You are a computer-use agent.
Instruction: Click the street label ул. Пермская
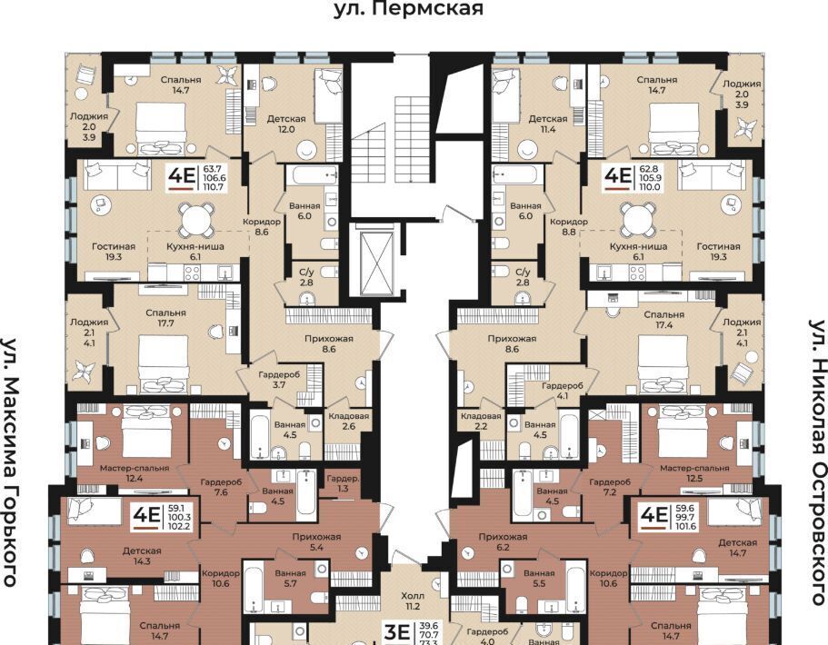pos(408,9)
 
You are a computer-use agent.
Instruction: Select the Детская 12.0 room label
pos(286,124)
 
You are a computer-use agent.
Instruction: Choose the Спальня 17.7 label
pos(165,318)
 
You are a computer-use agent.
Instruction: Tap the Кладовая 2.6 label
pos(348,422)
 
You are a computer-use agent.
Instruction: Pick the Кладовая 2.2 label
pos(481,422)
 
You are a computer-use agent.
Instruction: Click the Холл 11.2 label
pos(413,600)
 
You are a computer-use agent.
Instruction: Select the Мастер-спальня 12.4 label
pos(135,473)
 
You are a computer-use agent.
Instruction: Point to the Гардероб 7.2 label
pos(610,487)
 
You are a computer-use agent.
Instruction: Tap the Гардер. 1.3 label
pos(344,483)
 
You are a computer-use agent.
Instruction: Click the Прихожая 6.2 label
pos(503,542)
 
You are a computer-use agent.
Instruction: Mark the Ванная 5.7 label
pos(291,578)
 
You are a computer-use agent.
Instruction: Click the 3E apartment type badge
pos(396,632)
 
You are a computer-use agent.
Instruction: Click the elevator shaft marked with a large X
pos(376,260)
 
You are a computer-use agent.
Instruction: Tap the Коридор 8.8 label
pos(569,226)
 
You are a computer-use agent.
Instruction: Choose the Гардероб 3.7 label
pos(279,380)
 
